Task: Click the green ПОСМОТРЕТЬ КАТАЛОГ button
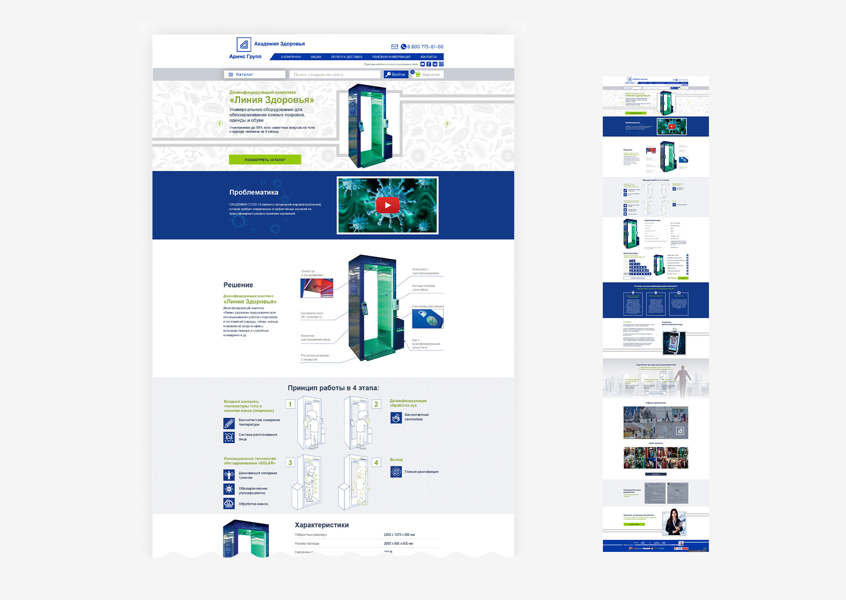(x=265, y=160)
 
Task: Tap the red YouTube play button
(x=387, y=205)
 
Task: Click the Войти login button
(x=395, y=75)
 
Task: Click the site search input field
(x=334, y=75)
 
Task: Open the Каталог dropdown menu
(x=254, y=75)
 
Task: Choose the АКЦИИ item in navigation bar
(x=315, y=57)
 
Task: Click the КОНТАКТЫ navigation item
(x=428, y=57)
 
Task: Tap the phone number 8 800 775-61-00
(x=425, y=47)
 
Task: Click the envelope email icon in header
(x=394, y=47)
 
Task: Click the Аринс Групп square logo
(x=244, y=45)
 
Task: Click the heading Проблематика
(x=254, y=192)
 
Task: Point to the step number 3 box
(x=290, y=462)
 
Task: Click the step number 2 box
(x=376, y=404)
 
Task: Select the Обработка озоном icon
(x=229, y=503)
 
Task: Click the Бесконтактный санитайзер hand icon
(x=396, y=417)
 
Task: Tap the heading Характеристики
(x=322, y=525)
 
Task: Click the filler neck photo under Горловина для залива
(x=427, y=319)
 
